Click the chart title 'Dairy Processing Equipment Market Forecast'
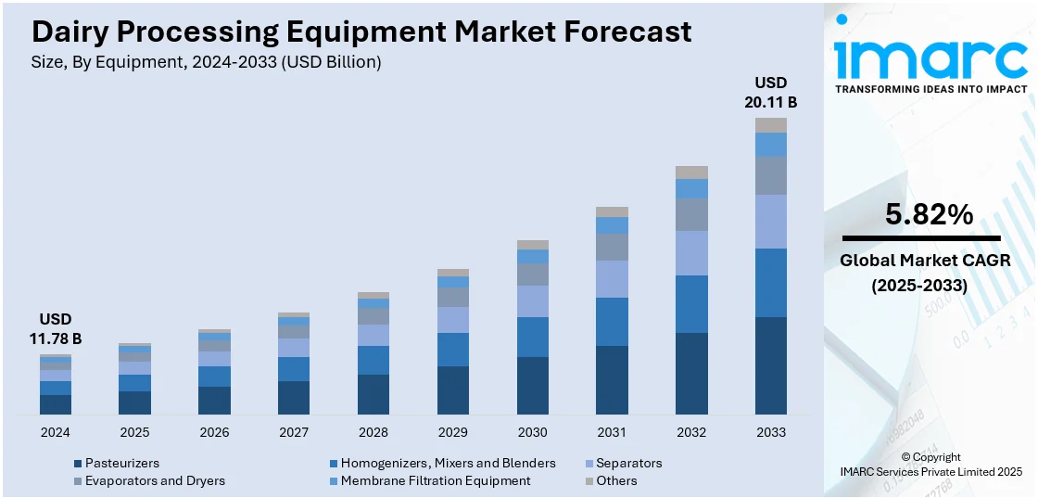coord(361,32)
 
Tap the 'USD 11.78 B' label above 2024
coord(55,329)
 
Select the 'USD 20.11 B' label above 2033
coord(770,92)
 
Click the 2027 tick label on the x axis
coord(294,432)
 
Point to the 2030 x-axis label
coord(532,432)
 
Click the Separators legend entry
coord(628,463)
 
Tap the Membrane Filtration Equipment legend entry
coord(435,480)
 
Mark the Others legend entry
coord(616,480)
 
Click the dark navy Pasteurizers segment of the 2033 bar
coord(770,365)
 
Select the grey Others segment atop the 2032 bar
coord(691,172)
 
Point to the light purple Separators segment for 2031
coord(612,278)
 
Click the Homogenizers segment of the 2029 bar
coord(452,350)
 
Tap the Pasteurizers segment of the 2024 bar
coord(56,404)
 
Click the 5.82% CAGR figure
coord(929,215)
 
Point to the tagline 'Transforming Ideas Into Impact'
coord(930,89)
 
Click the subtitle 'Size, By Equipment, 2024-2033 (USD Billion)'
coord(207,62)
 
